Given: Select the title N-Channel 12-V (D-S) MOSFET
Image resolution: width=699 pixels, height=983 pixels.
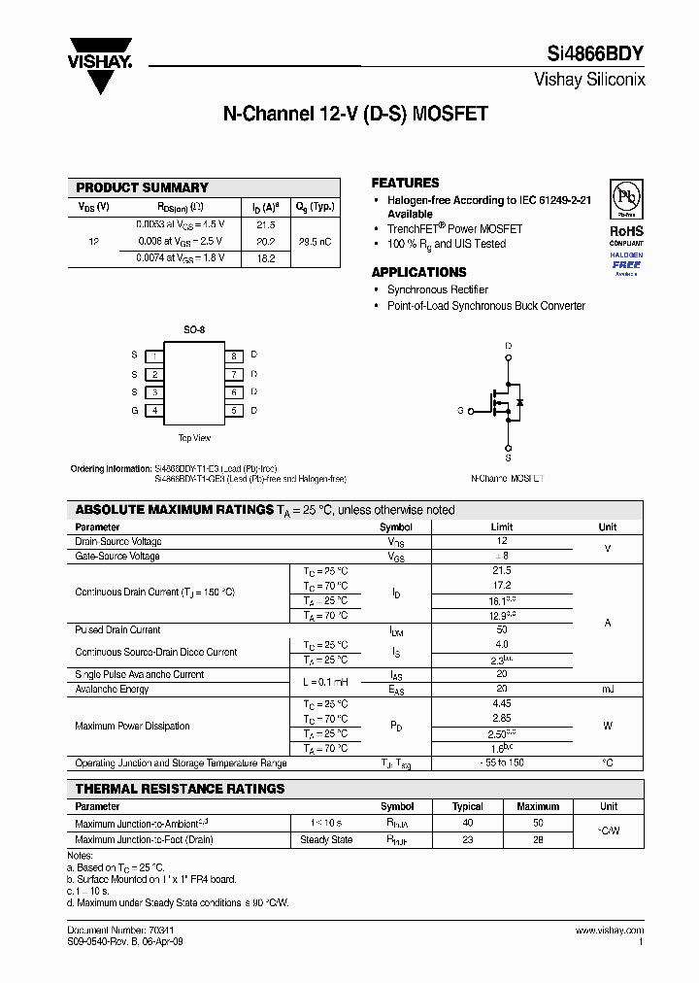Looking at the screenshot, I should pyautogui.click(x=355, y=114).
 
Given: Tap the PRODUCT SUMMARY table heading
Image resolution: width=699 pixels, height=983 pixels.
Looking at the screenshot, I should pyautogui.click(x=142, y=187).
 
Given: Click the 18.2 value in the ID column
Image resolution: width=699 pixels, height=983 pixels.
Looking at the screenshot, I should pyautogui.click(x=265, y=258).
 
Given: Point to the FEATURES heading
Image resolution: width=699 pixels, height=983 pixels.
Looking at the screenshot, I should pyautogui.click(x=405, y=183).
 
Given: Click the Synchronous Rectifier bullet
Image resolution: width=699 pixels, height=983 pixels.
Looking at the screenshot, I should pyautogui.click(x=437, y=289).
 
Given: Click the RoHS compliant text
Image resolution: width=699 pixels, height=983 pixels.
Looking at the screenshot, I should pyautogui.click(x=625, y=236).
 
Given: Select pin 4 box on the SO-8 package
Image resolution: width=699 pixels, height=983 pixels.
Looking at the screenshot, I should pyautogui.click(x=154, y=411).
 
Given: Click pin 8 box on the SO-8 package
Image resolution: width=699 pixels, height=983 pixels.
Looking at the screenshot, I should pyautogui.click(x=233, y=356).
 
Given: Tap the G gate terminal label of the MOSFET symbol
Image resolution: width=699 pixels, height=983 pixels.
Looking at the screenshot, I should pyautogui.click(x=460, y=411).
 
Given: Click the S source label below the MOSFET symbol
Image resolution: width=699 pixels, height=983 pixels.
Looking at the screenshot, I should pyautogui.click(x=508, y=457).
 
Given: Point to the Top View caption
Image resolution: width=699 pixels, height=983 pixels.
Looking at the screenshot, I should pyautogui.click(x=194, y=438).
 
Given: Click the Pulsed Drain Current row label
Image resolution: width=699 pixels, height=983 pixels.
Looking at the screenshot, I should pyautogui.click(x=117, y=630).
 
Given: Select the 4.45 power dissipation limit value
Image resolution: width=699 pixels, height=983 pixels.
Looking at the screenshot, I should pyautogui.click(x=501, y=703).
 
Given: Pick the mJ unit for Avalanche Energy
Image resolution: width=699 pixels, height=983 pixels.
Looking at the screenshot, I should pyautogui.click(x=608, y=689).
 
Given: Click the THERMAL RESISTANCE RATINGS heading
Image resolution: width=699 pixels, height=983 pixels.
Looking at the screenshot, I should pyautogui.click(x=180, y=789).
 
